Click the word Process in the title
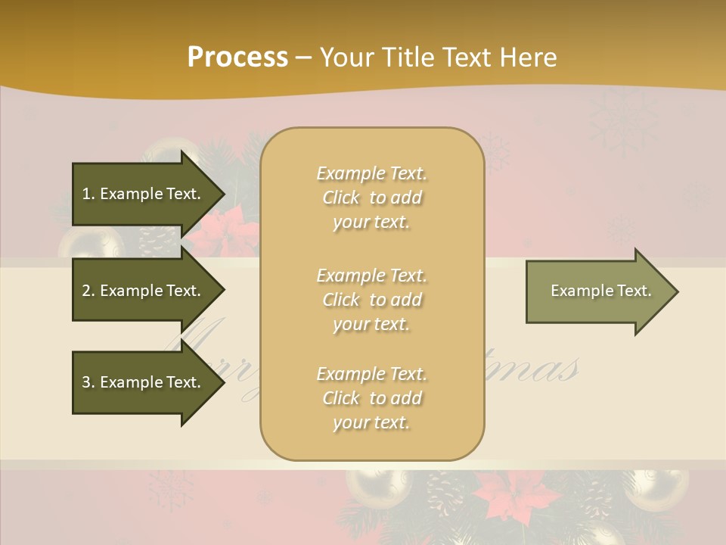click(237, 58)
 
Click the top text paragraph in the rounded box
click(371, 198)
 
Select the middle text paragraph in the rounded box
click(371, 300)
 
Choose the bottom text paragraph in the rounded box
click(371, 398)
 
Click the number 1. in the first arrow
click(88, 194)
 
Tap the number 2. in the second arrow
click(88, 291)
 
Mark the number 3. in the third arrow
click(88, 382)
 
